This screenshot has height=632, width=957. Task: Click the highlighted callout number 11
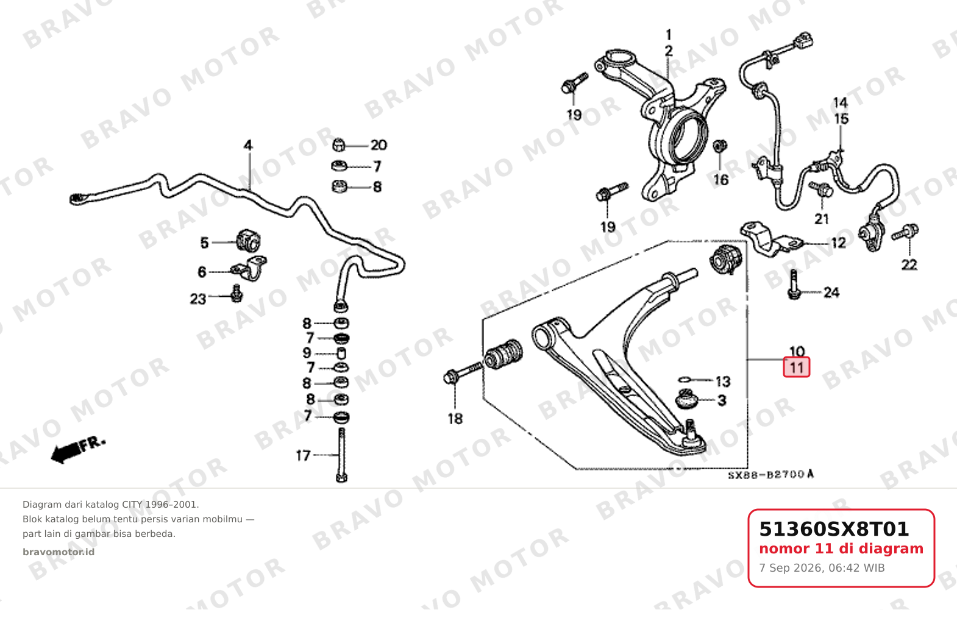click(796, 367)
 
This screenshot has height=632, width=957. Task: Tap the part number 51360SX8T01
click(833, 529)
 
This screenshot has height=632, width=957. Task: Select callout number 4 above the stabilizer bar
click(248, 145)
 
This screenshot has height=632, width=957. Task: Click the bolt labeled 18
click(463, 372)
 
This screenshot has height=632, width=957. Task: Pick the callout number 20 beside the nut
click(379, 145)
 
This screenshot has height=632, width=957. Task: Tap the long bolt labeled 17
click(341, 455)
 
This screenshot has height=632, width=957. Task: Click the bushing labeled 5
click(248, 241)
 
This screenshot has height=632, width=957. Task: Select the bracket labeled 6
click(249, 269)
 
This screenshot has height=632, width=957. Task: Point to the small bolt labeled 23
click(237, 294)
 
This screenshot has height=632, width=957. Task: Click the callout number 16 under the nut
click(720, 180)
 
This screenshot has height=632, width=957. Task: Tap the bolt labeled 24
click(794, 285)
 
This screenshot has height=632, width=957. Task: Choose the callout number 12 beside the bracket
click(839, 243)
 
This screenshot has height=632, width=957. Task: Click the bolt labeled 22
click(905, 233)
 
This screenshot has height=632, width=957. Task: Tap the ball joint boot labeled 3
click(686, 399)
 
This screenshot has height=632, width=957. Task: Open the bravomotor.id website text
click(59, 552)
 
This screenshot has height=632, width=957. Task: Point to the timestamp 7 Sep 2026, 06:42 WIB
click(822, 568)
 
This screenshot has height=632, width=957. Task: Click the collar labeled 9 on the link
click(341, 353)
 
